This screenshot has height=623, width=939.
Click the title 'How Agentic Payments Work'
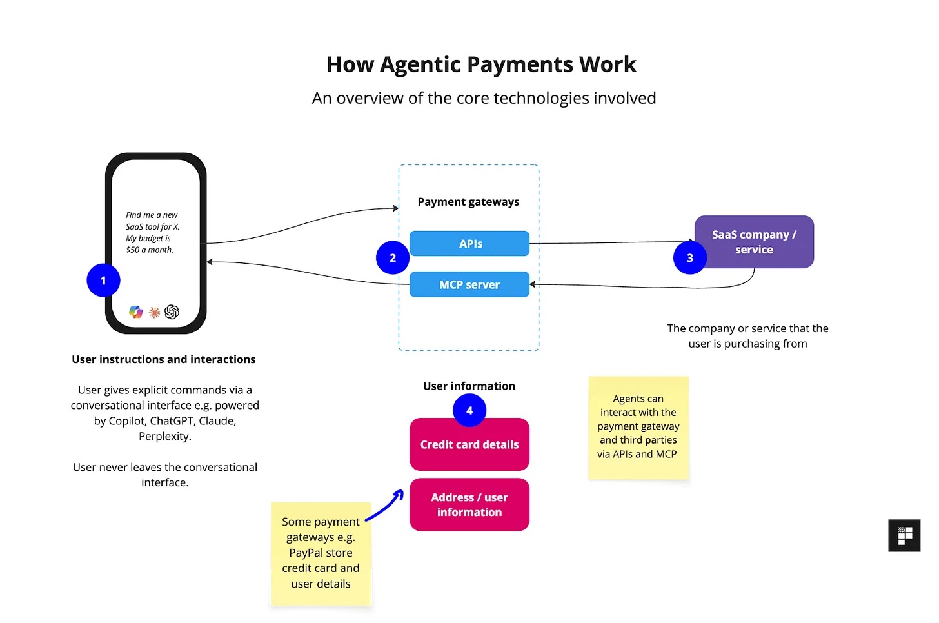[x=481, y=64]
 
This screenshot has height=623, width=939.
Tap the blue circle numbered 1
[x=103, y=281]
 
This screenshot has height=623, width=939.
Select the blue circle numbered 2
[x=392, y=258]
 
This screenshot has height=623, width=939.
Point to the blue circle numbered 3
[x=689, y=258]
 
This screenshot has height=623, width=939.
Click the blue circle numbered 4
[x=469, y=410]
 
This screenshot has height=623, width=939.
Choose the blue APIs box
[x=470, y=244]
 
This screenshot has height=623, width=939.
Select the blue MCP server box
[x=470, y=285]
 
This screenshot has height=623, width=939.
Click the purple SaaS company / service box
[x=754, y=242]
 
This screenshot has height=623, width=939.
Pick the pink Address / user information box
[x=470, y=505]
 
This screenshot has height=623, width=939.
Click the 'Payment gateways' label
[x=468, y=202]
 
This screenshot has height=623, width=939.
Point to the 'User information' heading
[x=469, y=386]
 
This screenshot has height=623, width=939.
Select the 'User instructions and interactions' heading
[x=164, y=359]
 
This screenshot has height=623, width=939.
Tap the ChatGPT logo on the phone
[x=172, y=312]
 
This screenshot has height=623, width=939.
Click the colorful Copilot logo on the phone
[x=135, y=312]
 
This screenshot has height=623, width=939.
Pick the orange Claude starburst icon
[x=154, y=313]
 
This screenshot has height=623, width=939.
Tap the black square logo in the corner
[x=904, y=535]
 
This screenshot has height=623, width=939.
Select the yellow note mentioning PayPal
[x=321, y=553]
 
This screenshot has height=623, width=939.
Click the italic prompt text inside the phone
[x=152, y=232]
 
